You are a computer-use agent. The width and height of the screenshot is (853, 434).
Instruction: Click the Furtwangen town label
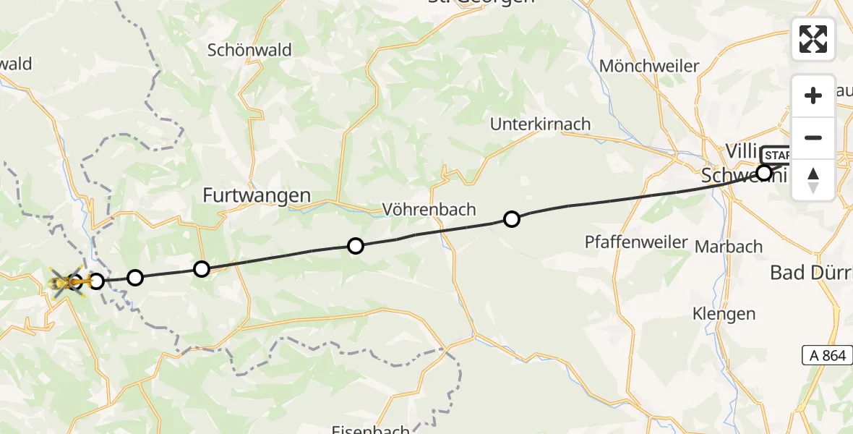[x=257, y=195]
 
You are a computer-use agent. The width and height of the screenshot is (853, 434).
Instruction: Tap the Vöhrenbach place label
[x=429, y=210]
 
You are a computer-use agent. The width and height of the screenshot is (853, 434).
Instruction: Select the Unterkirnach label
[x=540, y=124]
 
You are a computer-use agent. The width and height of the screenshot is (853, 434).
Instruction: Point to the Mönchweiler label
[x=649, y=67]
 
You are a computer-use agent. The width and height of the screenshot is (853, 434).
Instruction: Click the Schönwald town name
[x=249, y=50]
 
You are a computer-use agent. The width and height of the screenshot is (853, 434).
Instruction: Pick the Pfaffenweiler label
[x=636, y=242]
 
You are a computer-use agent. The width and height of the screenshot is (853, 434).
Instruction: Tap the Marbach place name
[x=728, y=247]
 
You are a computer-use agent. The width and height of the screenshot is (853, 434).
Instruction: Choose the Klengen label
[x=724, y=314]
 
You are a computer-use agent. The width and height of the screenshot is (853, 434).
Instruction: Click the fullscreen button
[x=813, y=39]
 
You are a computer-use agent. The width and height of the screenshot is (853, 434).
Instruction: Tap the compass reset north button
[x=813, y=180]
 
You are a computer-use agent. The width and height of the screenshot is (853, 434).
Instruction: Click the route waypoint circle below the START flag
[x=763, y=172]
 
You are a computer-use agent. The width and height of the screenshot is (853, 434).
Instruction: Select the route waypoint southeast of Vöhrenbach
[x=511, y=218]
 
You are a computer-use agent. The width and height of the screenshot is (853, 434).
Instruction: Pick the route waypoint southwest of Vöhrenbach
[x=355, y=246]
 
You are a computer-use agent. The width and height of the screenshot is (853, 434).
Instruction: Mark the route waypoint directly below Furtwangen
[x=202, y=269]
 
